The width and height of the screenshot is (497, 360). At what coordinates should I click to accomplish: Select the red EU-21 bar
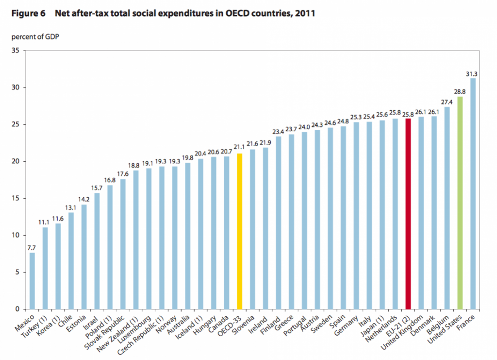tap(408, 214)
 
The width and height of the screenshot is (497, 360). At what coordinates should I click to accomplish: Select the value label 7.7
tap(32, 248)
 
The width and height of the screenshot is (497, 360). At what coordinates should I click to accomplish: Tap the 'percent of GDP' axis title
tap(32, 37)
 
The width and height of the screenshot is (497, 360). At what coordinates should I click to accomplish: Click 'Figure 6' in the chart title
tap(28, 14)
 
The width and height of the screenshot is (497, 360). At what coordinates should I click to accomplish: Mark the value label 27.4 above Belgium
tap(447, 103)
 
